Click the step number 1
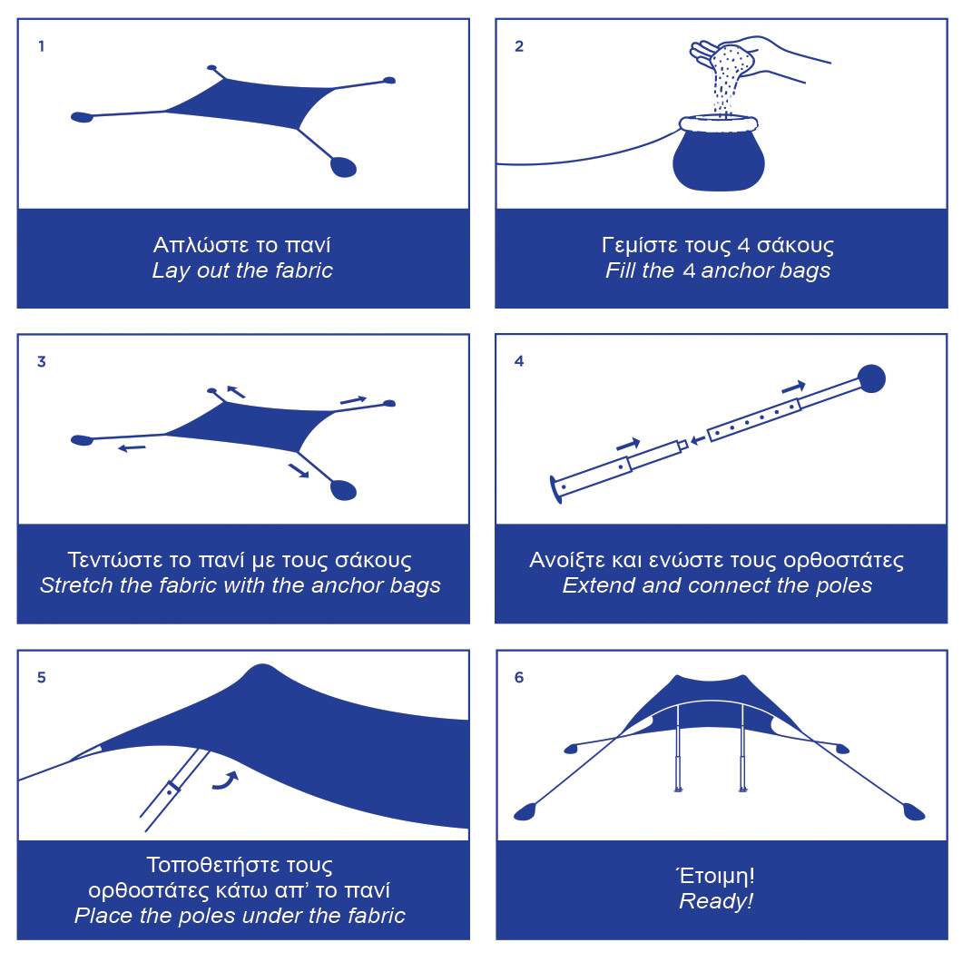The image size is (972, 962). [x=41, y=46]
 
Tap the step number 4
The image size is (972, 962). [x=519, y=361]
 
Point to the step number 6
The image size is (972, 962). [x=519, y=677]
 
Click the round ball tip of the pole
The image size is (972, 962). [x=871, y=378]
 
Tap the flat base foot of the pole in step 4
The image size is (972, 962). [x=555, y=489]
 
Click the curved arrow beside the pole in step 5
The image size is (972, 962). [x=225, y=780]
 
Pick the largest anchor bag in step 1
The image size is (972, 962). [x=343, y=167]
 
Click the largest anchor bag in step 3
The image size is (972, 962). [x=343, y=490]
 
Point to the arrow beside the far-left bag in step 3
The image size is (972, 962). [x=132, y=447]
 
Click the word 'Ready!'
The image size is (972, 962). [x=716, y=900]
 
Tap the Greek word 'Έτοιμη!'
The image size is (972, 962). [x=715, y=875]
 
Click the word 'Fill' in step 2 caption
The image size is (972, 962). [x=621, y=270]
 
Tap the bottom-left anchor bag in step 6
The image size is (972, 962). [x=525, y=811]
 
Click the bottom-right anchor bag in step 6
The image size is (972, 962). [x=914, y=811]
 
